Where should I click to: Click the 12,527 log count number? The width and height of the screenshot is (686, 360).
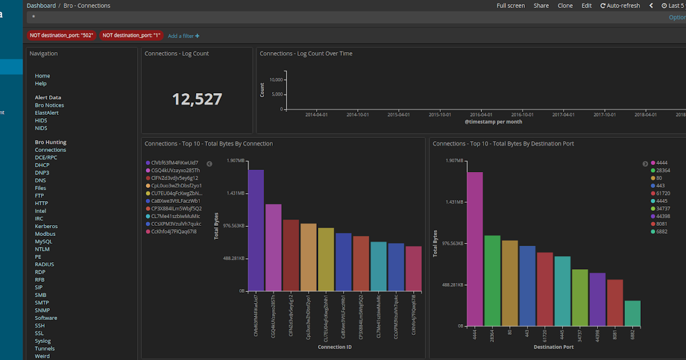click(197, 99)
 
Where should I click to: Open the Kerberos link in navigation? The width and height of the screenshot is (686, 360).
click(46, 226)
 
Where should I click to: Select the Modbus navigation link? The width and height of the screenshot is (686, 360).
click(45, 234)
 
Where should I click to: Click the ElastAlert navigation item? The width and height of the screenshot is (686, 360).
click(46, 113)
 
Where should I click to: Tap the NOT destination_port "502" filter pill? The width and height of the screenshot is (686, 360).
click(62, 35)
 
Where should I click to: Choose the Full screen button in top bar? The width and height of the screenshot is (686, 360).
click(510, 6)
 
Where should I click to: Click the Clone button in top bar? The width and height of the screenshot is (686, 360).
click(565, 6)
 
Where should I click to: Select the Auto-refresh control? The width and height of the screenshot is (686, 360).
click(620, 6)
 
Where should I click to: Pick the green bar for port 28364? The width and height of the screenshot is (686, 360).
click(492, 280)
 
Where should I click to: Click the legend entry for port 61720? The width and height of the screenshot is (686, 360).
click(663, 194)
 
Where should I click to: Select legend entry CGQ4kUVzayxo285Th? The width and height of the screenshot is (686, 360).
click(176, 170)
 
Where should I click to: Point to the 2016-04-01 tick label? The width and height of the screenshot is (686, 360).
click(481, 114)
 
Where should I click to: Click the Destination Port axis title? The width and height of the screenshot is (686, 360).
click(553, 347)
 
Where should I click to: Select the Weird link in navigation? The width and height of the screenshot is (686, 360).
click(42, 356)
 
